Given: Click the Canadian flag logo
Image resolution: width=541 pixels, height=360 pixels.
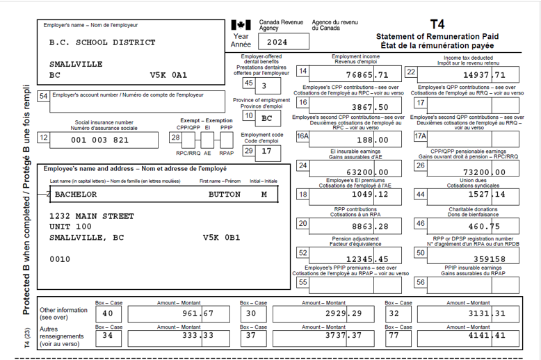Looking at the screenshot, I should pos(241,25).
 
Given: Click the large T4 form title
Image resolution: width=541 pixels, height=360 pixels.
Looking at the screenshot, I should pos(437,24).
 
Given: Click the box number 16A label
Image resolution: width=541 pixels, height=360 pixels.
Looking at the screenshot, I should pos(302,137).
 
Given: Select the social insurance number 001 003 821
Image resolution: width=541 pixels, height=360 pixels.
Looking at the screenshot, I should pos(100,140).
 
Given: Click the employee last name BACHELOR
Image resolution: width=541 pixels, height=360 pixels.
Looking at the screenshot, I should pos(76,195).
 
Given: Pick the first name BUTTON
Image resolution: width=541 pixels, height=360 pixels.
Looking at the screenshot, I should pos(225,195).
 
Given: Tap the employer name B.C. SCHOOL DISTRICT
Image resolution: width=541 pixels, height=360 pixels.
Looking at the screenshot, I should pos(102,42).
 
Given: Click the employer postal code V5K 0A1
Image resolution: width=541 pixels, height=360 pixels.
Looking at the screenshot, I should pos(169,74).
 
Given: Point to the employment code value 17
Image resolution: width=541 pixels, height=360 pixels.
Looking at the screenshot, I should pos(266,151).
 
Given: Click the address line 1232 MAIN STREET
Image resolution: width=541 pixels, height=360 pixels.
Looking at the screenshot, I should pos(92,216).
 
